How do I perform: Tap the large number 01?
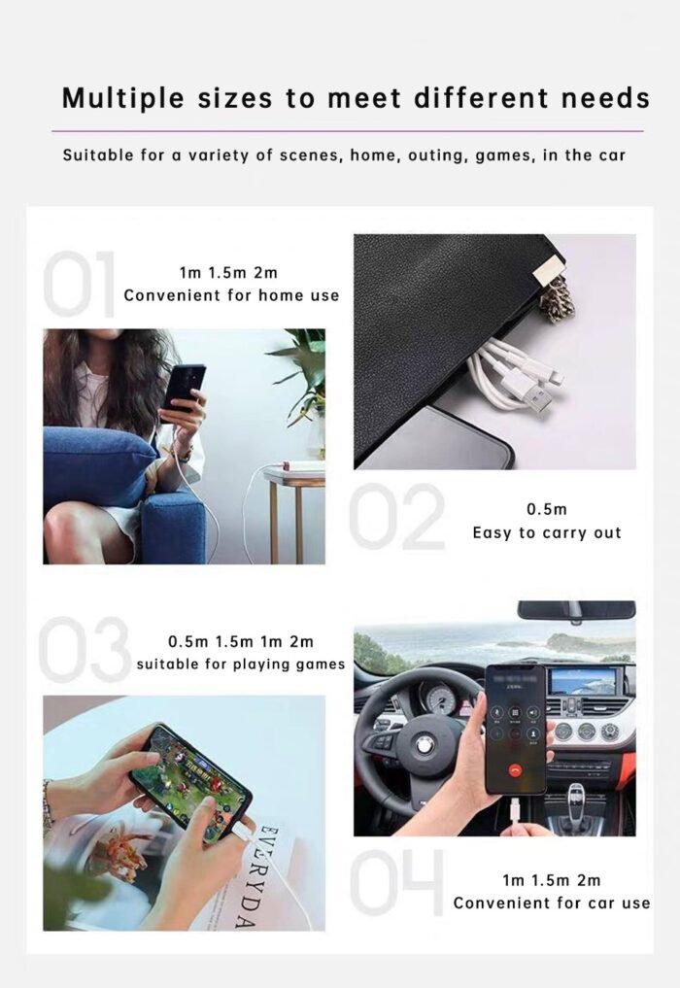pyautogui.click(x=80, y=284)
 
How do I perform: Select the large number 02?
pyautogui.click(x=396, y=517)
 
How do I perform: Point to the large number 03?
pyautogui.click(x=85, y=649)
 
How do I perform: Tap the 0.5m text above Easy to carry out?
pyautogui.click(x=546, y=509)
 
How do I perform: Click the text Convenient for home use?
pyautogui.click(x=231, y=295)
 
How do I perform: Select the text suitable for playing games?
pyautogui.click(x=240, y=664)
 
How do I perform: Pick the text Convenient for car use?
pyautogui.click(x=551, y=903)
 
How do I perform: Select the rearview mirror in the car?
pyautogui.click(x=576, y=610)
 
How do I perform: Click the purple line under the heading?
pyautogui.click(x=347, y=130)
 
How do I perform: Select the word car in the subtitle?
pyautogui.click(x=611, y=155)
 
